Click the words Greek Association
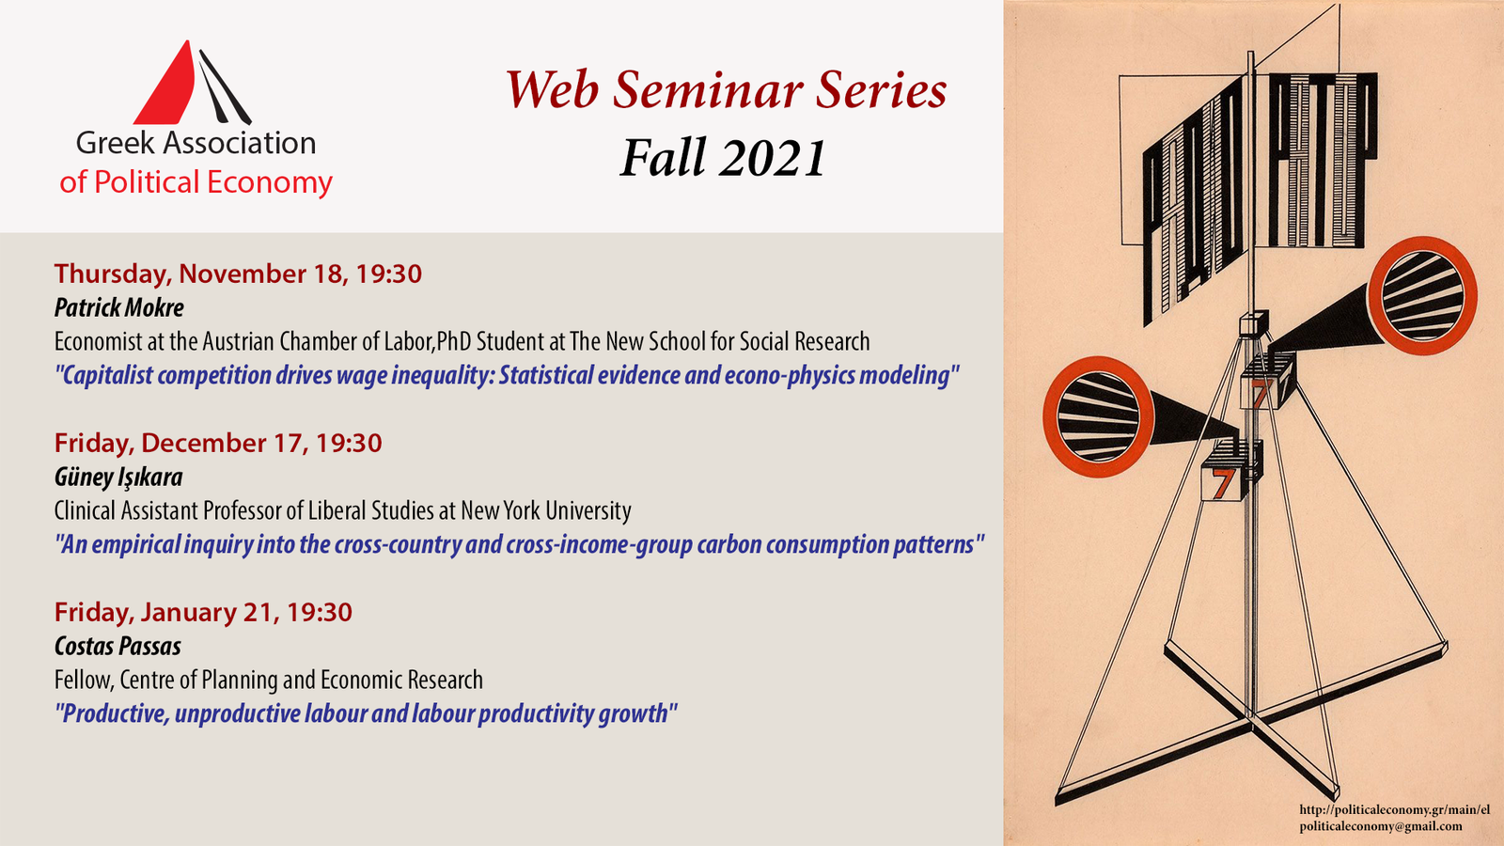pyautogui.click(x=196, y=143)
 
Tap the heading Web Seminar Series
pyautogui.click(x=726, y=90)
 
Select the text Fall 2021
pyautogui.click(x=723, y=157)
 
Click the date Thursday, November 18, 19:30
pyautogui.click(x=238, y=274)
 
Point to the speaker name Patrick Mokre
pyautogui.click(x=118, y=307)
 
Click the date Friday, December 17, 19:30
pyautogui.click(x=218, y=443)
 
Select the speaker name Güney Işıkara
pyautogui.click(x=118, y=477)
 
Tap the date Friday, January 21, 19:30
pyautogui.click(x=203, y=612)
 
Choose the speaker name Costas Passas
pyautogui.click(x=117, y=646)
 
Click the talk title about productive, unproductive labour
pyautogui.click(x=366, y=713)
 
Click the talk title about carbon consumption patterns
pyautogui.click(x=519, y=544)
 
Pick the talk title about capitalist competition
pyautogui.click(x=507, y=375)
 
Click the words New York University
pyautogui.click(x=546, y=510)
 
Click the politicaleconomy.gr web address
pyautogui.click(x=1395, y=809)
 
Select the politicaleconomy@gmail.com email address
pyautogui.click(x=1381, y=826)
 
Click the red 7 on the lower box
pyautogui.click(x=1221, y=483)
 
